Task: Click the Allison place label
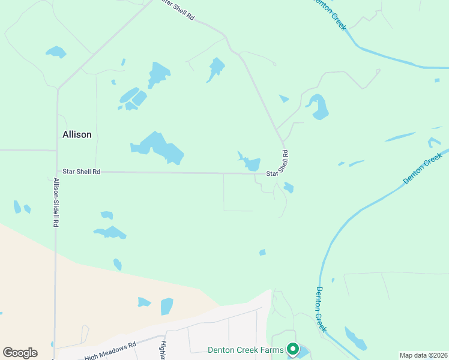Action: pyautogui.click(x=77, y=134)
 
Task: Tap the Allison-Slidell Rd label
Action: pyautogui.click(x=56, y=202)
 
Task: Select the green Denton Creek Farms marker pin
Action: pyautogui.click(x=293, y=349)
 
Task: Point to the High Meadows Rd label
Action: pyautogui.click(x=110, y=350)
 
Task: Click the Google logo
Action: pyautogui.click(x=20, y=353)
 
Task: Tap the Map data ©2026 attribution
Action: pyautogui.click(x=423, y=355)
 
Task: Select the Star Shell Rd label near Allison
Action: pyautogui.click(x=81, y=172)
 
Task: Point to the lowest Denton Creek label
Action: pyautogui.click(x=321, y=309)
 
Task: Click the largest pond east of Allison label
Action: pyautogui.click(x=159, y=148)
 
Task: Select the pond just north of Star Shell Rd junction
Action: pyautogui.click(x=250, y=163)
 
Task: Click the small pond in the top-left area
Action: pyautogui.click(x=56, y=52)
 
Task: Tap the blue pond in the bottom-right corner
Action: pyautogui.click(x=356, y=339)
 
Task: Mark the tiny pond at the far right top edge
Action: pyautogui.click(x=437, y=80)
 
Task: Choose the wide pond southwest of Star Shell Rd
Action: pyautogui.click(x=110, y=232)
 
